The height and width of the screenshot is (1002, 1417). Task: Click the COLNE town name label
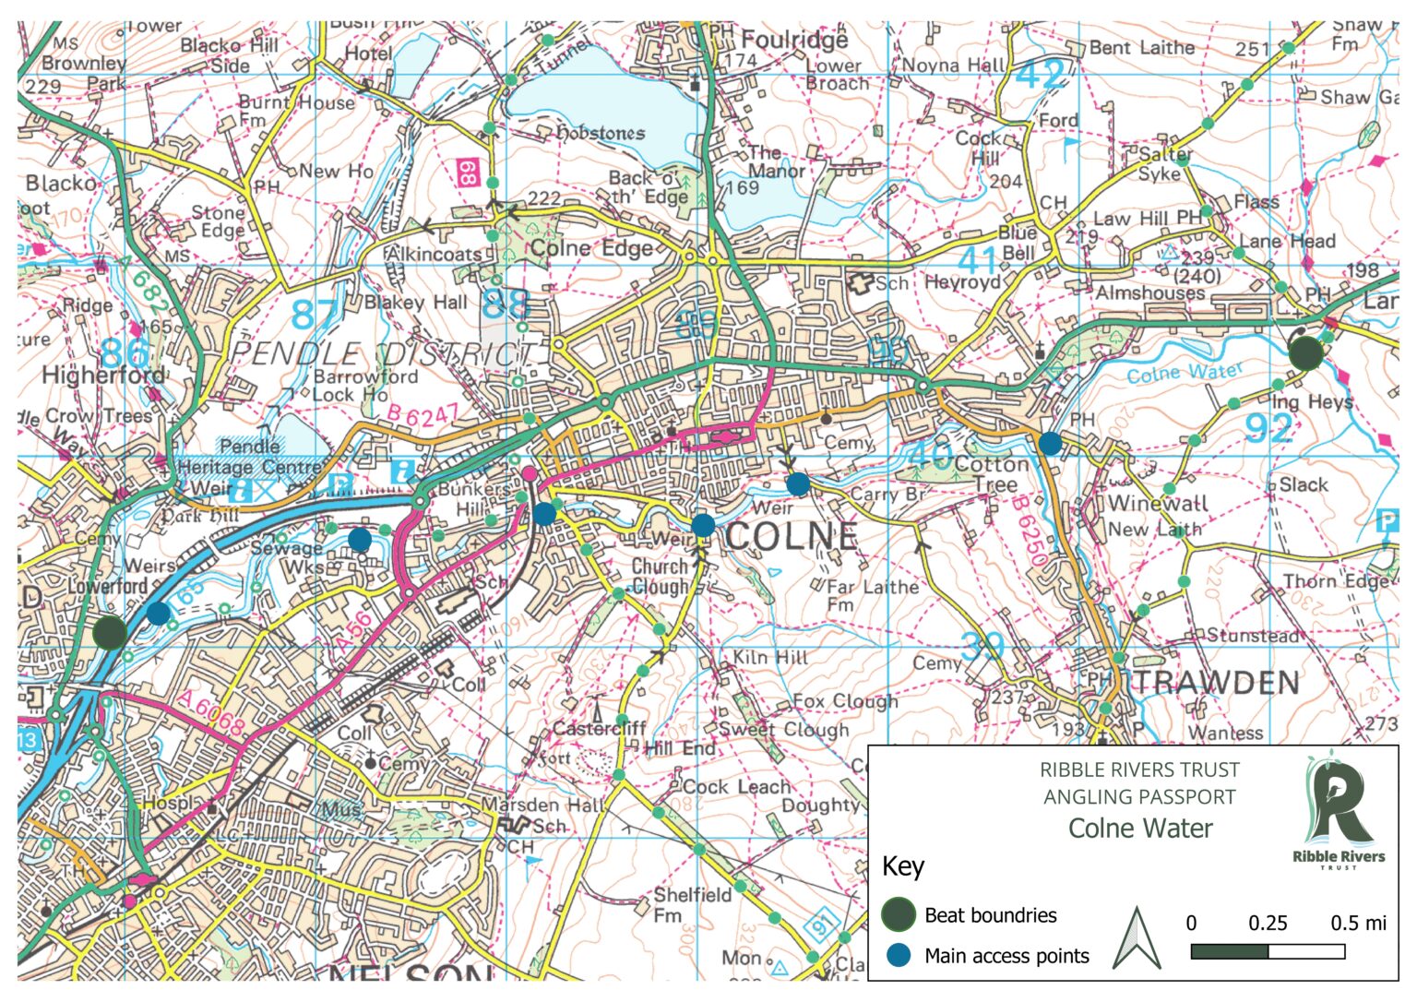coord(792,536)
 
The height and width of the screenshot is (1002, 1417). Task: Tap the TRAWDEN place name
coord(1216,683)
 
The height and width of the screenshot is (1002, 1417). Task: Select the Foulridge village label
coord(794,40)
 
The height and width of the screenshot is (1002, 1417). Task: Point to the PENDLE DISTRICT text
coord(383,353)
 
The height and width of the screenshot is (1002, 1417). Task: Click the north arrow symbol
coord(1137,938)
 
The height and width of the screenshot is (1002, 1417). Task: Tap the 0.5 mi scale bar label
coord(1358,923)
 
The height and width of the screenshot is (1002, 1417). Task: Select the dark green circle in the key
coord(898,914)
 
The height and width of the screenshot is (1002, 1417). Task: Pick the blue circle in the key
coord(898,955)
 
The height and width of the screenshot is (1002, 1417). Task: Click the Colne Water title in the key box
coord(1140,828)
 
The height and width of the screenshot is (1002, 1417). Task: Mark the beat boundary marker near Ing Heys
coord(1305,353)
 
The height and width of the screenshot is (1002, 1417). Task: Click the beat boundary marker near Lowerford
coord(110,632)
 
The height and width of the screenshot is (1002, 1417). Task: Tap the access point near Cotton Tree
coord(1050,444)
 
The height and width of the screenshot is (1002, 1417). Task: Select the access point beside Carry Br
coord(798,483)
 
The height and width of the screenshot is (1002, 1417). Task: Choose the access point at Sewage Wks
coord(360,539)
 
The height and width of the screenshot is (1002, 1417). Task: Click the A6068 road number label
coord(212,714)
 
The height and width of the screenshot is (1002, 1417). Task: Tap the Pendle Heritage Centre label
coord(249,457)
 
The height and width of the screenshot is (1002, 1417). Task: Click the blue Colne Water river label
coord(1185,373)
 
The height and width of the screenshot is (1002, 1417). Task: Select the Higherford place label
coord(103,375)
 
